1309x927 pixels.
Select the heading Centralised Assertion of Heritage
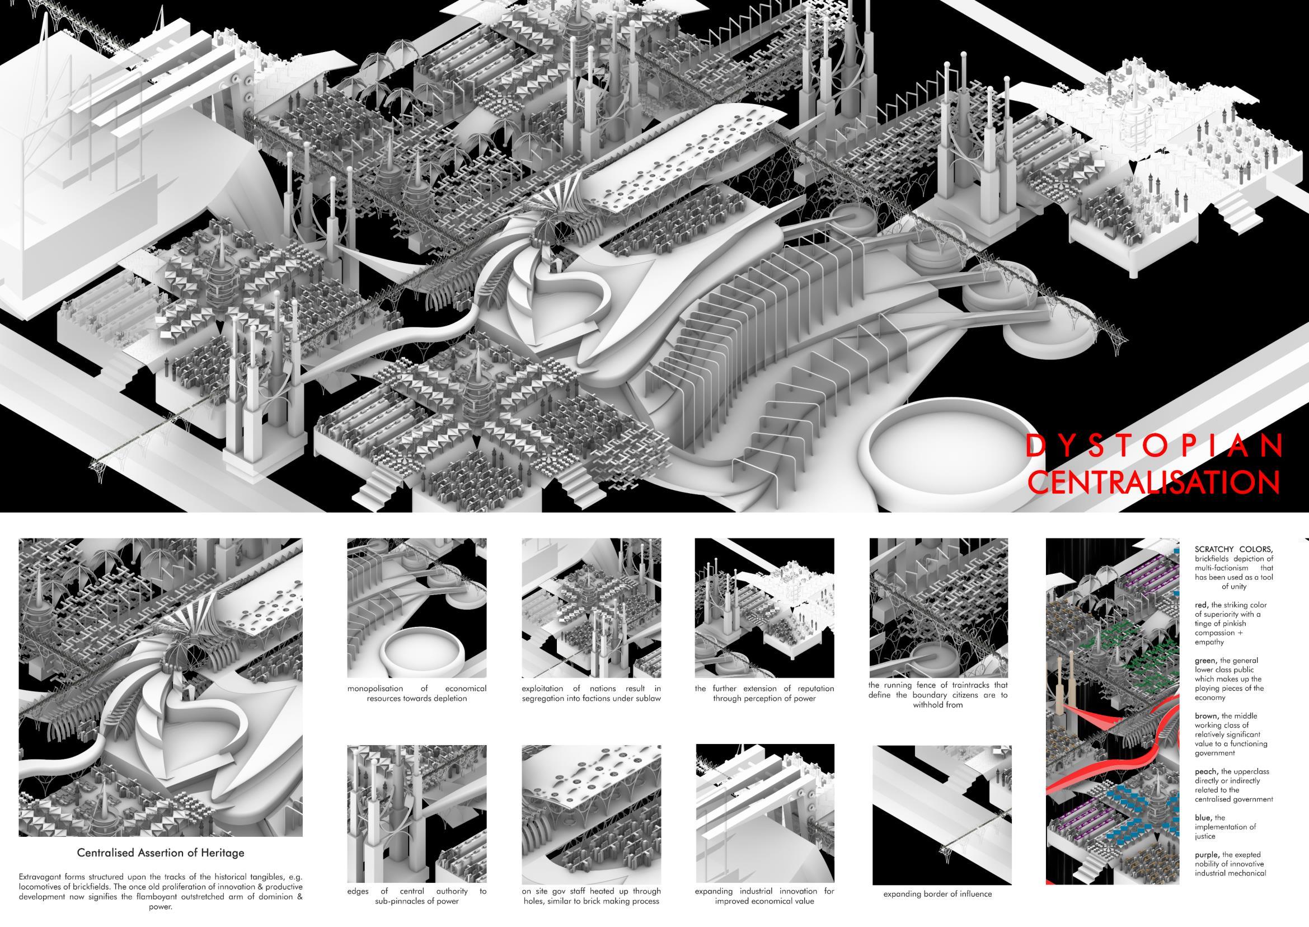click(x=161, y=853)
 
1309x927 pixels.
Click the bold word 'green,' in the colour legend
click(x=1207, y=661)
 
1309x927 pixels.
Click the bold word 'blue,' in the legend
click(x=1203, y=817)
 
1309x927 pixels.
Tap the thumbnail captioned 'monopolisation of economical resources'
click(x=416, y=607)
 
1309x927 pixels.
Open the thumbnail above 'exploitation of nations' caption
click(x=591, y=607)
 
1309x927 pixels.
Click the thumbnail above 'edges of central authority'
click(x=416, y=813)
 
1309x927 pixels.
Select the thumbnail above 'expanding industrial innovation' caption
click(x=764, y=813)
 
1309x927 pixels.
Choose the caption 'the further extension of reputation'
click(x=764, y=693)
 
